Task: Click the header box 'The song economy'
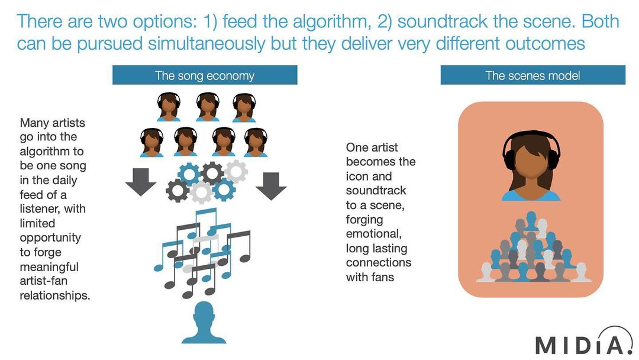click(x=205, y=75)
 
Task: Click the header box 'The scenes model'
click(x=532, y=75)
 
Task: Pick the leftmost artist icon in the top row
click(x=169, y=107)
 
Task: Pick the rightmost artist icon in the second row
click(x=256, y=142)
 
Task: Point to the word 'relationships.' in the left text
click(x=55, y=295)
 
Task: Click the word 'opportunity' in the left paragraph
click(x=50, y=238)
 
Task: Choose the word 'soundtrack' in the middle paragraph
click(x=376, y=191)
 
